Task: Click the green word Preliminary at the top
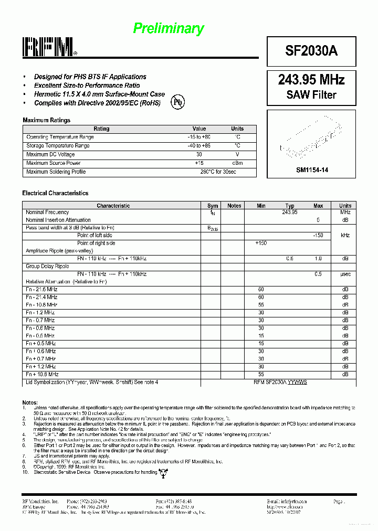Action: [168, 28]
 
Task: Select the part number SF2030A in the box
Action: [311, 51]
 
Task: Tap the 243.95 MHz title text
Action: [311, 80]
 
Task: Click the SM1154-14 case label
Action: [312, 170]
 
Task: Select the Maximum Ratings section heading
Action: [46, 120]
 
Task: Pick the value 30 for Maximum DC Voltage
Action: [199, 154]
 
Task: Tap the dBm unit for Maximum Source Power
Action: [237, 163]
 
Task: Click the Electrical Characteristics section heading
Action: [55, 193]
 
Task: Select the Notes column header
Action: [234, 206]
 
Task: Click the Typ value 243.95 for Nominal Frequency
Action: [289, 212]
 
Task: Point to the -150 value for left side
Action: [318, 235]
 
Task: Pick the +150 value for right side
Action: [260, 243]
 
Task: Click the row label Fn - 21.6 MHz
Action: [41, 289]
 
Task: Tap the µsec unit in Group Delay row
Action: [345, 274]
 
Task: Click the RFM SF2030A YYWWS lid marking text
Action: [280, 382]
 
